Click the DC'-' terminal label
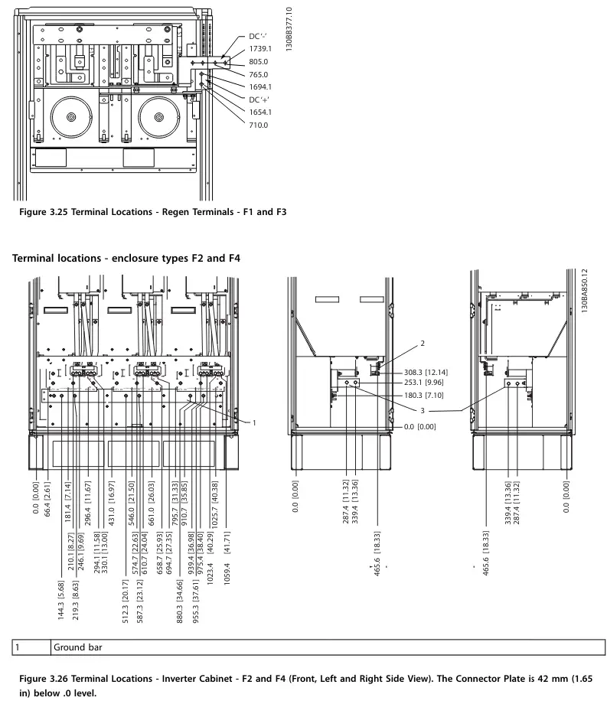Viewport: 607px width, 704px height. click(258, 37)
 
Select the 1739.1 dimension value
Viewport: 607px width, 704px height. click(260, 49)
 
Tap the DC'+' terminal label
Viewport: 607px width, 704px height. click(259, 99)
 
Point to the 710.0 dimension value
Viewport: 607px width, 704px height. click(259, 125)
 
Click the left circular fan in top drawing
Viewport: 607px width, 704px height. click(71, 117)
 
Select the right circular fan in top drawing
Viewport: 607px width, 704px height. click(159, 117)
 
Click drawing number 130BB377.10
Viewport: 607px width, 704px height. click(289, 29)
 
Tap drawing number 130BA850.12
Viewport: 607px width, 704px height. click(584, 291)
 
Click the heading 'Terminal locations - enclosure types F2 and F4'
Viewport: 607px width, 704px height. click(126, 258)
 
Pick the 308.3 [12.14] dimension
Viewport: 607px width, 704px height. click(426, 372)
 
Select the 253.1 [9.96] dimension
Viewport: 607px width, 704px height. click(423, 383)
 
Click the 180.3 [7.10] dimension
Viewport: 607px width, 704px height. click(423, 396)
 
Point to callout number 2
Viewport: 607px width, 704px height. click(423, 344)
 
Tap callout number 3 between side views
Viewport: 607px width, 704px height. click(423, 410)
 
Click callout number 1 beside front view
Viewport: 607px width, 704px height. click(254, 422)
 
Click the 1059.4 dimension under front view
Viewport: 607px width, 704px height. click(227, 573)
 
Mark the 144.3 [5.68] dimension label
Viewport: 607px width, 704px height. click(61, 600)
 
